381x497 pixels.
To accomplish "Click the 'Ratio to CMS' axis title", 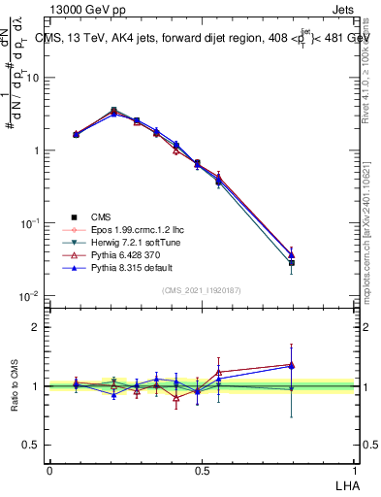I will coord(16,387).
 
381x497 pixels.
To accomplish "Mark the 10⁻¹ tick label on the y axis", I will coord(32,222).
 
